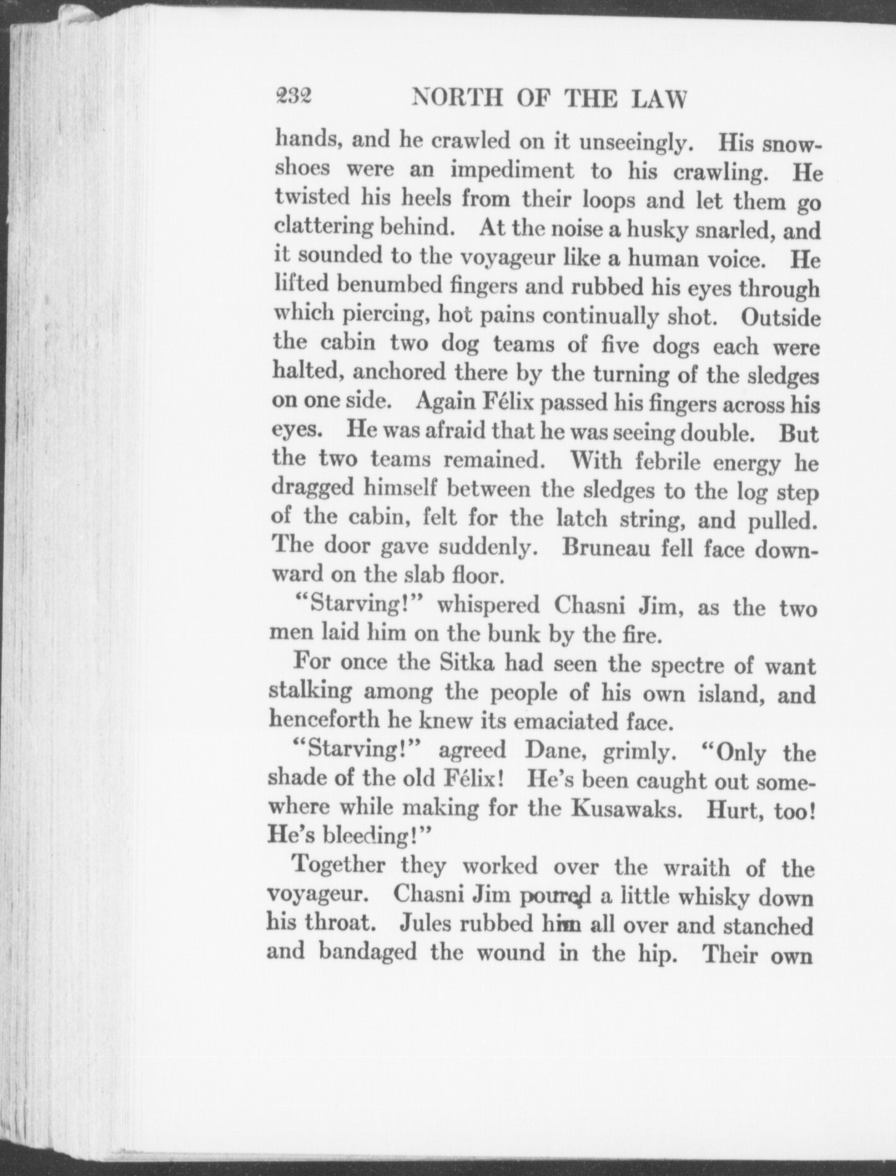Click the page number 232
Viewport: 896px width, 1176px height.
point(294,97)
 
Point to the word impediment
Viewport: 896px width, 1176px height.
point(512,171)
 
